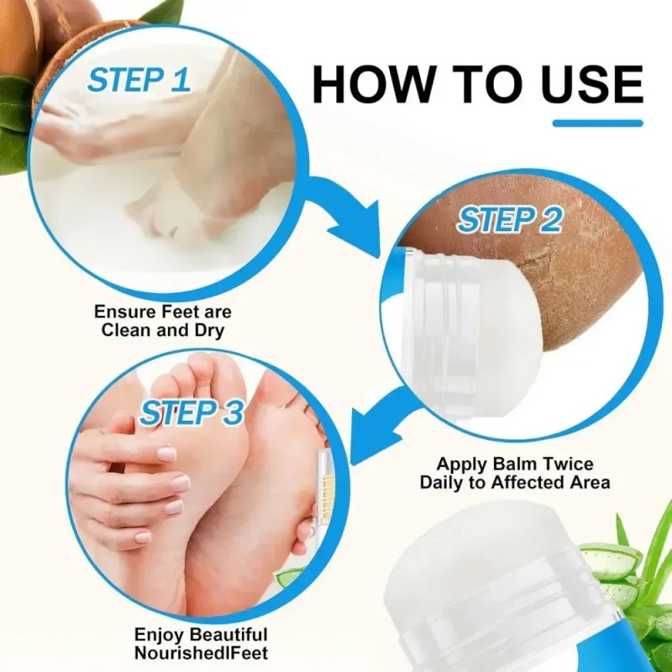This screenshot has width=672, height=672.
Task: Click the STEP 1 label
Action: click(x=139, y=80)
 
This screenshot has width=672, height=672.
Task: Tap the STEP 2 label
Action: click(x=510, y=220)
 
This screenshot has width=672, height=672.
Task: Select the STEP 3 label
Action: click(x=192, y=412)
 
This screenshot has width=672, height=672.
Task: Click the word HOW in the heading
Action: click(x=373, y=83)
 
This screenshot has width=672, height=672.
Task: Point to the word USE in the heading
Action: click(x=592, y=83)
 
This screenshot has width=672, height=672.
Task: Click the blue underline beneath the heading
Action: click(x=598, y=123)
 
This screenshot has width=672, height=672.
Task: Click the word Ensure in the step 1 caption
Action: click(x=124, y=312)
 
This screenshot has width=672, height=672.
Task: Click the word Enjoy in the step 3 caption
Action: click(x=159, y=635)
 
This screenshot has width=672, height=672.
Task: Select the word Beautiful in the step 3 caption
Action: click(x=228, y=634)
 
